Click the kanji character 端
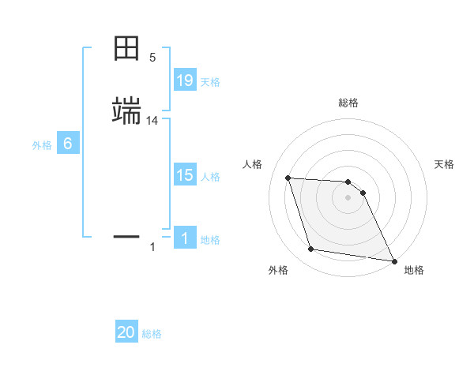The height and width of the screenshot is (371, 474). point(126,112)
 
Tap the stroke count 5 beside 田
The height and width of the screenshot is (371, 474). point(152,58)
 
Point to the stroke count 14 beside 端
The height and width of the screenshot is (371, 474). point(152,121)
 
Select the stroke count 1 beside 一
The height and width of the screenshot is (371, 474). point(152,248)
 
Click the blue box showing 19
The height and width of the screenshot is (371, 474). point(185,81)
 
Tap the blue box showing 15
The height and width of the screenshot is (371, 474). point(185,175)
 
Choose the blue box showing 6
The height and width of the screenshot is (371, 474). point(68,144)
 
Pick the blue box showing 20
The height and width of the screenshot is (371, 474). point(126,332)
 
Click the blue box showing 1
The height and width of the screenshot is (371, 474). point(185,238)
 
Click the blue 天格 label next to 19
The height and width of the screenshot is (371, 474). point(210,82)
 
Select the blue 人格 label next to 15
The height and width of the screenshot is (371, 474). point(210,177)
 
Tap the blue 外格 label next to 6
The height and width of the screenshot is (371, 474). point(42,145)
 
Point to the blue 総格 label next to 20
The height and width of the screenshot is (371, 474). point(152,334)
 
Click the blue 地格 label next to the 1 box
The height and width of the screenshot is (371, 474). point(210,240)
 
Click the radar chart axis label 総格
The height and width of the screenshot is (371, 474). point(348,103)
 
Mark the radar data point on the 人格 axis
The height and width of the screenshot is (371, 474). point(288,178)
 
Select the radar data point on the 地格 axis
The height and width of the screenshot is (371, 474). point(393,260)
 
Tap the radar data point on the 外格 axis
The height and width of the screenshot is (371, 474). point(311,249)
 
